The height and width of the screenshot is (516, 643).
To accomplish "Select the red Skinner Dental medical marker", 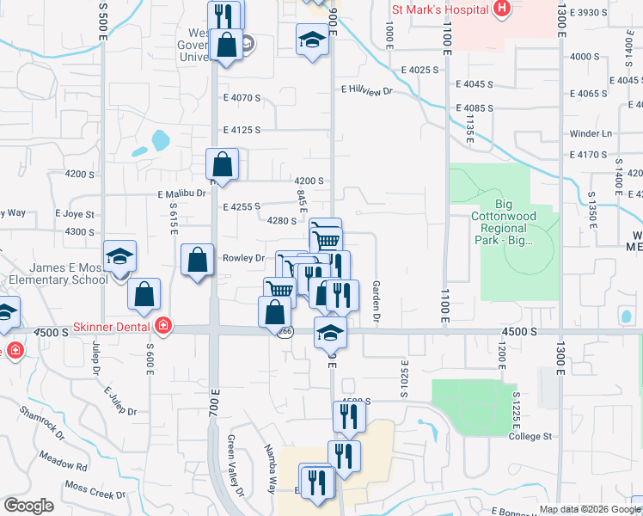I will point(163,327).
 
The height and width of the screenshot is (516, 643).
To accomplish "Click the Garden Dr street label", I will point(376,302).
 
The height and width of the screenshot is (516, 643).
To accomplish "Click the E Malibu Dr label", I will point(182,194).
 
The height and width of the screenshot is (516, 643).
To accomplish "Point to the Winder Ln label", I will point(591,134).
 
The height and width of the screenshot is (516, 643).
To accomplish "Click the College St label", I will point(530,436).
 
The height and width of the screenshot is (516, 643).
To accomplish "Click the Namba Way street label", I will point(270,467).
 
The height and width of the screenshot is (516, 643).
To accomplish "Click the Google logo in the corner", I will point(28,505).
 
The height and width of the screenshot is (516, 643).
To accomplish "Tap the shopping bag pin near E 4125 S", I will point(222,163).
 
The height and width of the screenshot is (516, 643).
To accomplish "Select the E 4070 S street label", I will point(241,98).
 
